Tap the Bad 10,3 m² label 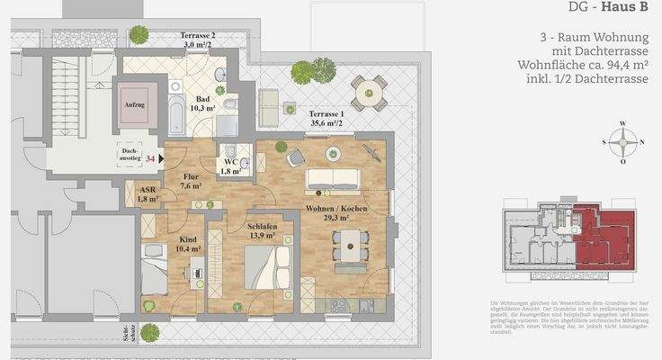(203, 103)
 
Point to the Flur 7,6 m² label (192, 182)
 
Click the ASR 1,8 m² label (148, 194)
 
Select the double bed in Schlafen (267, 271)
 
